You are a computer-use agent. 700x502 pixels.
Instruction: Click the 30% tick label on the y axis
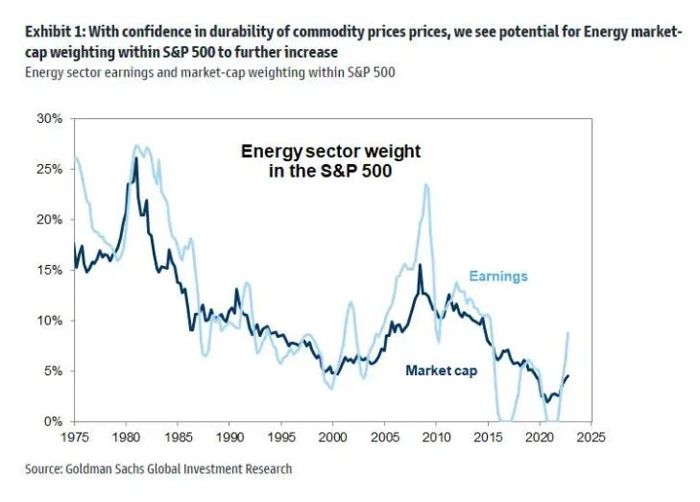tap(48, 118)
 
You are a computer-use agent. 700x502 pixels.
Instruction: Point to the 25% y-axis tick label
tap(48, 169)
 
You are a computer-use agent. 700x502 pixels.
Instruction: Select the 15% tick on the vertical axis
tap(48, 270)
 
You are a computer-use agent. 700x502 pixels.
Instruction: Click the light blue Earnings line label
tap(497, 276)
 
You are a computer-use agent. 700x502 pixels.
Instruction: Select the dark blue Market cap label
tap(441, 371)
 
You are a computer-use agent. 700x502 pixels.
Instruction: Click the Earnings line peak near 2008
tap(424, 185)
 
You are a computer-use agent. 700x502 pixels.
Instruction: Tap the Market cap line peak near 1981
tap(135, 158)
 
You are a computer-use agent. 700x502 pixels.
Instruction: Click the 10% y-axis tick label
tap(48, 321)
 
